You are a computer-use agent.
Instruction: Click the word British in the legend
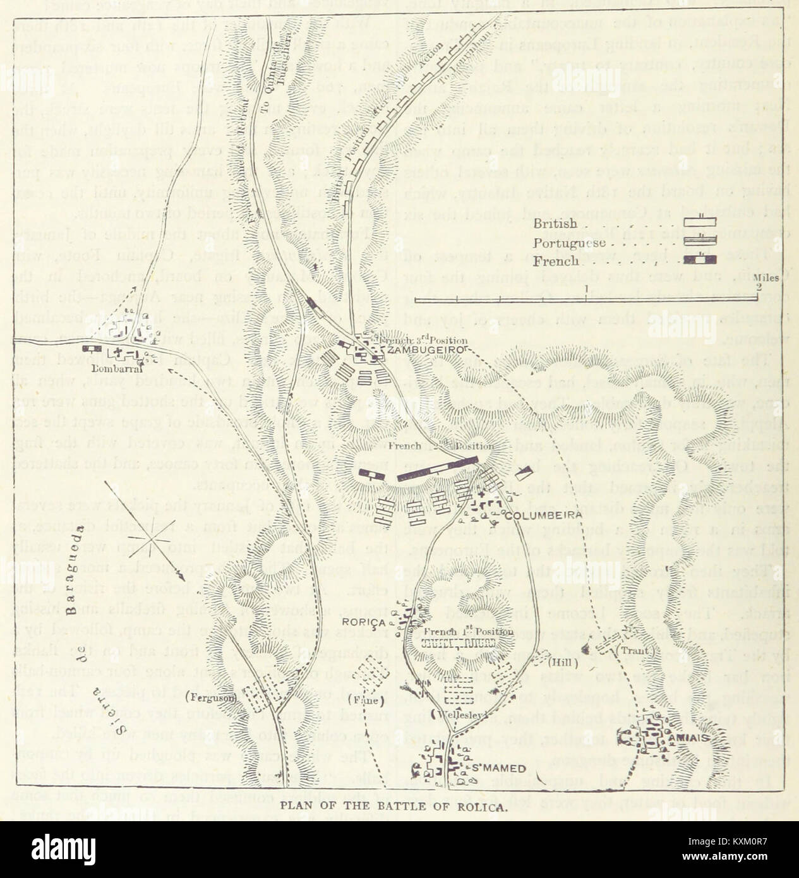pyautogui.click(x=555, y=224)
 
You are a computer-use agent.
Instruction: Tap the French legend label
pyautogui.click(x=556, y=261)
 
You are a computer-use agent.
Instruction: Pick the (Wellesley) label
pyautogui.click(x=452, y=716)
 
